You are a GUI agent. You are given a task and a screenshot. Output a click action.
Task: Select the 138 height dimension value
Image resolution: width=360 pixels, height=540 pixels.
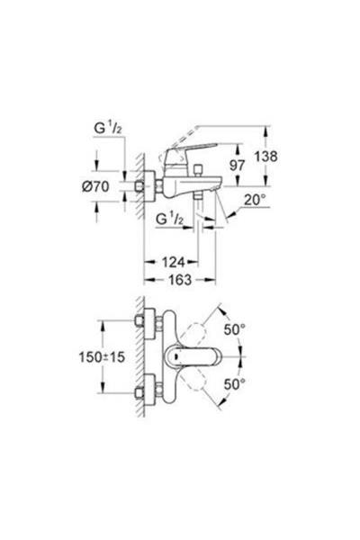[x=267, y=156]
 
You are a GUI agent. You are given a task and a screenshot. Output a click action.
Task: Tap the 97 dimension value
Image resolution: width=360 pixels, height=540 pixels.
[x=237, y=167]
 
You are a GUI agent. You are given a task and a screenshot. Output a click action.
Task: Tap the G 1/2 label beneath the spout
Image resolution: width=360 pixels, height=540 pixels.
[x=170, y=220]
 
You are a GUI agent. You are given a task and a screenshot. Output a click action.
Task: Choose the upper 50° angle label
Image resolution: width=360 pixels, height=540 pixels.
[x=237, y=329]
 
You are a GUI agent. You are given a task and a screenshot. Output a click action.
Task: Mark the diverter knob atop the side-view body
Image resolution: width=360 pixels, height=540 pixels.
[x=201, y=170]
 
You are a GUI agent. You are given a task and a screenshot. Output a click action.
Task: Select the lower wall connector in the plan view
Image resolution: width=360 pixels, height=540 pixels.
[x=148, y=391]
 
